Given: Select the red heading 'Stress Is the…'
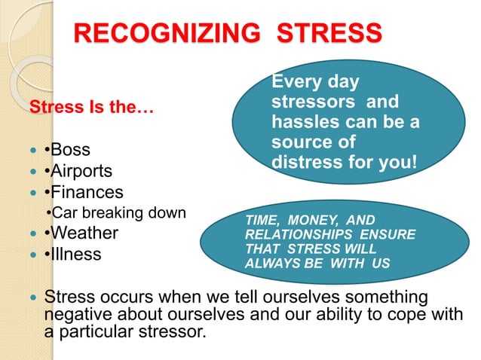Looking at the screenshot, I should tap(90, 108).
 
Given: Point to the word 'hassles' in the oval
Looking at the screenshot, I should tap(302, 122).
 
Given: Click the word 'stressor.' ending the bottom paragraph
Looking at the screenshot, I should tap(174, 329).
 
